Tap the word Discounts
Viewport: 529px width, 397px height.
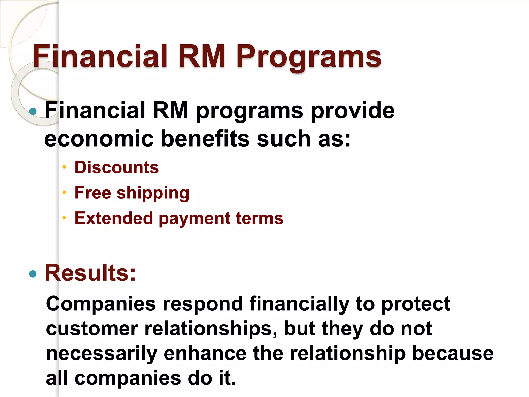pos(116,167)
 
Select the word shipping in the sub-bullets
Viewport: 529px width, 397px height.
pos(153,193)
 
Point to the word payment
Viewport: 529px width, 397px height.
pos(194,219)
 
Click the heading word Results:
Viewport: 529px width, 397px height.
pos(90,273)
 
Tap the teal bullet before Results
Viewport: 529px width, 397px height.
pos(33,274)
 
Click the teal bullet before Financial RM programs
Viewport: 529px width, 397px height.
pos(33,111)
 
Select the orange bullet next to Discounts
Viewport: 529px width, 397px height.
pos(64,167)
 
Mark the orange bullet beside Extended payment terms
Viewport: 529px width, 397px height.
pos(64,218)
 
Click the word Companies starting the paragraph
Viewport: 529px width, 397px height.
pos(101,304)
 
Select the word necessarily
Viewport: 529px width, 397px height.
pos(102,354)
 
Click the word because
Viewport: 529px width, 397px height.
pos(453,354)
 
